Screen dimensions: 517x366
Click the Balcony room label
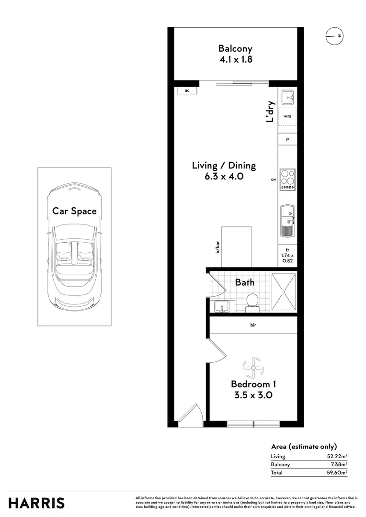click(x=235, y=48)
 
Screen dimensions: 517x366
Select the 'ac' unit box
click(x=186, y=90)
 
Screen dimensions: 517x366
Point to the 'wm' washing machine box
click(x=287, y=116)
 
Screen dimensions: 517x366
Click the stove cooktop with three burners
click(x=287, y=180)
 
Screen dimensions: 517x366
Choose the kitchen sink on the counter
click(x=287, y=221)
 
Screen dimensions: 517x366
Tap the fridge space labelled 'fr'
click(x=287, y=256)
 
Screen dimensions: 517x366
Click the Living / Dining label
click(x=224, y=166)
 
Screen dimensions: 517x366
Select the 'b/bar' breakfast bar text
click(x=217, y=247)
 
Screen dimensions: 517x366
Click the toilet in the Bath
click(x=252, y=301)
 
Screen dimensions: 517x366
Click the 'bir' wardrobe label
click(x=253, y=325)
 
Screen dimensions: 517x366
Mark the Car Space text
click(x=74, y=211)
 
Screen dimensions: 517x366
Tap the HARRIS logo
click(x=36, y=503)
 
